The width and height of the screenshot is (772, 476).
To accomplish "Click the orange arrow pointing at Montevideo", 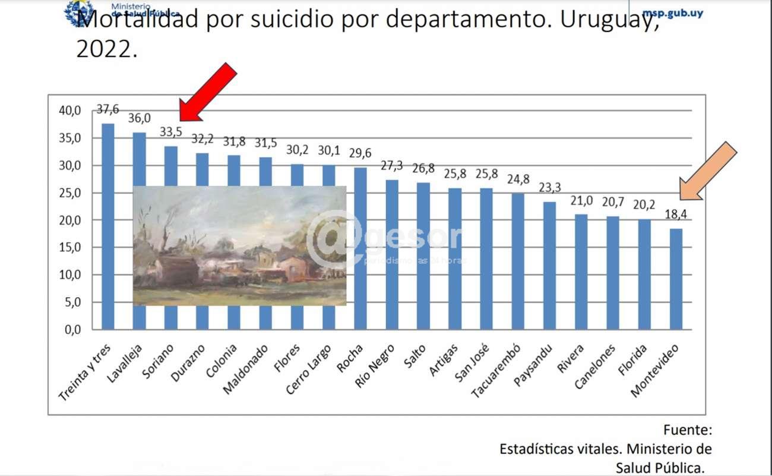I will click(708, 171).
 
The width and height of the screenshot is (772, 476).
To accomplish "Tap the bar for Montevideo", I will click(676, 279).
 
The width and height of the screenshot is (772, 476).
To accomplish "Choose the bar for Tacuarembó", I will click(518, 261).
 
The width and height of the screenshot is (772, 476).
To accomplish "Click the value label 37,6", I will click(107, 109).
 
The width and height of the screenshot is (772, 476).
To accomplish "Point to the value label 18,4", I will click(676, 215).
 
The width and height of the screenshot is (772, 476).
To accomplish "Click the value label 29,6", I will click(360, 153).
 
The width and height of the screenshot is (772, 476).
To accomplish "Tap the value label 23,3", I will click(549, 187).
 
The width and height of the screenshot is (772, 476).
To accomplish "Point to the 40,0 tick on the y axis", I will click(69, 111).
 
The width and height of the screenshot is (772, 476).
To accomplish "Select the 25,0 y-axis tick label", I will click(69, 193).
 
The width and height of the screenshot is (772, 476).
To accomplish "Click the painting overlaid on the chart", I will click(239, 245).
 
